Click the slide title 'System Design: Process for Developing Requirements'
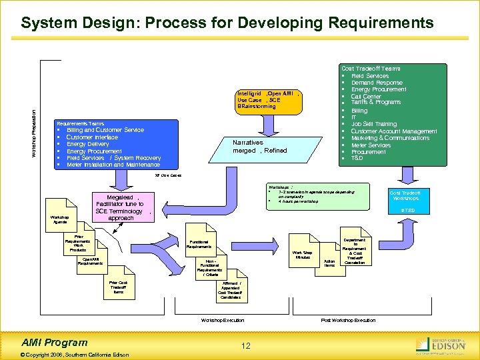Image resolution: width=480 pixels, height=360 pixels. point(227,23)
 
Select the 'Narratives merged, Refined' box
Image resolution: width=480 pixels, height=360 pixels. point(259,147)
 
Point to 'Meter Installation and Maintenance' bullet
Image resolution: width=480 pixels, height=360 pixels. point(113,165)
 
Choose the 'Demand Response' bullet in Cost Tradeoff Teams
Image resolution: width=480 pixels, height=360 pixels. point(377,83)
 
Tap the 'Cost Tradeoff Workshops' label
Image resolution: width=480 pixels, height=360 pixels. point(405,195)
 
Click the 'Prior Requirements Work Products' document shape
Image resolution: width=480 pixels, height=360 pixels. point(79,244)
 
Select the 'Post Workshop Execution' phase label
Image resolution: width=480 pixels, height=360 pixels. point(348,321)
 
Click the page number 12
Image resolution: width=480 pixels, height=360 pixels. point(246,345)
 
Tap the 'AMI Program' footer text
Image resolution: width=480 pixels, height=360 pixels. point(57,342)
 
